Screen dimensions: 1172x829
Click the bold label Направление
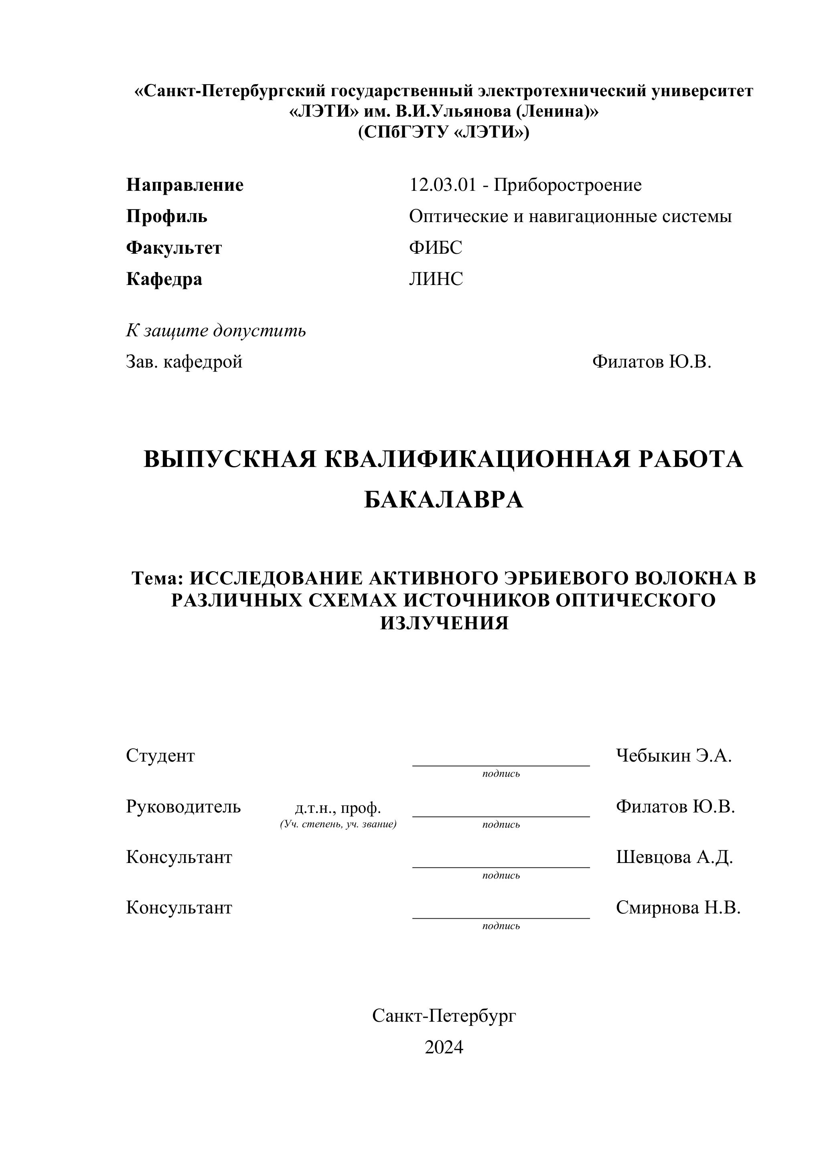184,185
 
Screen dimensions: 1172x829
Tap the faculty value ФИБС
435,248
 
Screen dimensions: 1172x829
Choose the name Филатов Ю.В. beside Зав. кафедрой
651,362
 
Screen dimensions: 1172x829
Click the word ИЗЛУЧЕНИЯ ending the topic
444,623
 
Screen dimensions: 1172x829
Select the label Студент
160,756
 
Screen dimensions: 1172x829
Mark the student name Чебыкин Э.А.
674,756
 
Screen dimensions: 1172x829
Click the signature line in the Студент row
501,765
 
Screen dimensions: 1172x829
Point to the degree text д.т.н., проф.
338,808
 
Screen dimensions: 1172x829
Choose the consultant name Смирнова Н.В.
678,907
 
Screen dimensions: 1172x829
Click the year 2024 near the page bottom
443,1047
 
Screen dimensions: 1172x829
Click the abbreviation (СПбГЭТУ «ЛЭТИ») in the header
443,132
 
